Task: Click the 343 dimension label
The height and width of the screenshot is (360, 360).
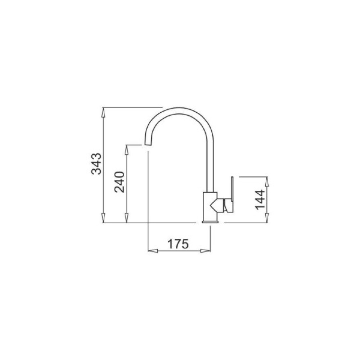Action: point(96,164)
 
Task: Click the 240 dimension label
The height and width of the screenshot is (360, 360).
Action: point(120,182)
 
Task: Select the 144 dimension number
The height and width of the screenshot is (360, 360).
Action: point(260,199)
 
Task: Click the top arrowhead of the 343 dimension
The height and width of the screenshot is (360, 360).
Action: point(104,113)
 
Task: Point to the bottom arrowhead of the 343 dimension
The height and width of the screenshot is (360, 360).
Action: point(104,218)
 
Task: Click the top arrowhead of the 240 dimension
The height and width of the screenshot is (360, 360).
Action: point(126,150)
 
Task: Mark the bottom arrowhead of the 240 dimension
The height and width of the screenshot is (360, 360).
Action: point(126,218)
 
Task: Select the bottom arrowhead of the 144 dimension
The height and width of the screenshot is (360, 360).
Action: point(267,218)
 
